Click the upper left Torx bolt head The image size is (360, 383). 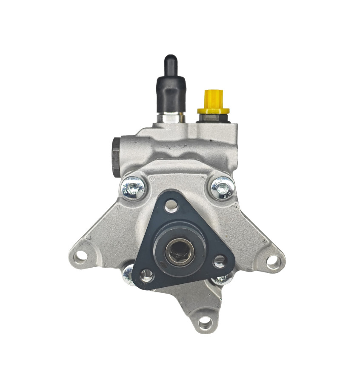tap(132, 187)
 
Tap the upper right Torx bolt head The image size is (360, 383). tap(222, 187)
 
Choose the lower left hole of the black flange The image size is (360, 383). tap(146, 274)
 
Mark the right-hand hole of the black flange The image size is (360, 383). tap(220, 261)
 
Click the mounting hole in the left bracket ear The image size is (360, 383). tap(80, 256)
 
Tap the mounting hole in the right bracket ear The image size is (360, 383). tap(273, 261)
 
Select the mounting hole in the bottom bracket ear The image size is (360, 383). tap(205, 323)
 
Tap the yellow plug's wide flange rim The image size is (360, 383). tap(213, 111)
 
